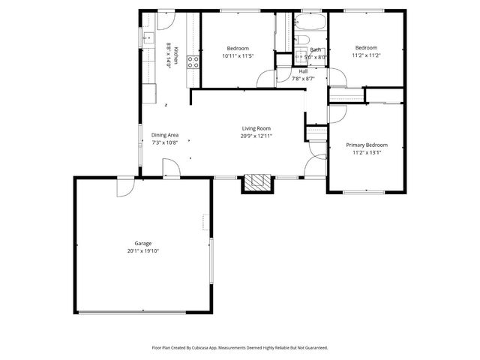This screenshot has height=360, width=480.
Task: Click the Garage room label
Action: coord(142,243)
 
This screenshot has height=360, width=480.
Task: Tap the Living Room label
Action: coord(256,128)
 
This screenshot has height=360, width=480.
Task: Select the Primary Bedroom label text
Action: coord(366,145)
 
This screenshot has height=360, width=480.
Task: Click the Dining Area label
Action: coord(164,135)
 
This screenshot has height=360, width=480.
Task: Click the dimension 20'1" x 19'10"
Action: coord(142,250)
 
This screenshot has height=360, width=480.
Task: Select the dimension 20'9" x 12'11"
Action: coord(256,136)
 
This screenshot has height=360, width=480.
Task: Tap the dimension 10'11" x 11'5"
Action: coord(238,55)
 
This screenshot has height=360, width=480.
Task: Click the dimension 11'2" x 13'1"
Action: coord(366,152)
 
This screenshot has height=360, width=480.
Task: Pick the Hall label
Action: coord(303,71)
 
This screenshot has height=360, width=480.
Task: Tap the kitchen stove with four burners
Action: coord(193,61)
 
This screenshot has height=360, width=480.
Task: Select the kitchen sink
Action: coord(148,36)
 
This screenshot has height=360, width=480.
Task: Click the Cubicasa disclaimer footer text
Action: coord(239,348)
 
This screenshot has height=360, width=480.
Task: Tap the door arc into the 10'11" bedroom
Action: coord(265,78)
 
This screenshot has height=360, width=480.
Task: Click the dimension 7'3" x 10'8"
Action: coord(164,142)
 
